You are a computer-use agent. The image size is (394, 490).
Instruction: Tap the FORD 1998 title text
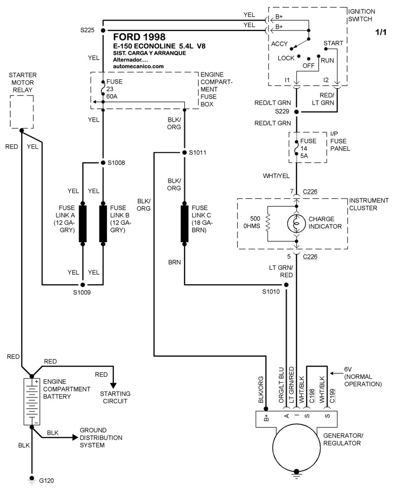click(139, 37)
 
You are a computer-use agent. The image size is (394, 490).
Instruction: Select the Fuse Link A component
click(83, 224)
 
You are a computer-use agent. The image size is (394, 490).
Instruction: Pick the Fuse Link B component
click(103, 224)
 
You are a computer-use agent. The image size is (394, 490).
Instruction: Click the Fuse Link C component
click(184, 224)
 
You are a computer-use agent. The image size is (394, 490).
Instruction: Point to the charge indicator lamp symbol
click(296, 223)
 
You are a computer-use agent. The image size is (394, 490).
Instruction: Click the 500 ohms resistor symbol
click(267, 223)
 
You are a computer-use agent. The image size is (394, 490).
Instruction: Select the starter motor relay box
click(22, 112)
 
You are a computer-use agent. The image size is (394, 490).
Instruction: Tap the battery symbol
click(32, 401)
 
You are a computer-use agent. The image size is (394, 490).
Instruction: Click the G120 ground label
click(46, 479)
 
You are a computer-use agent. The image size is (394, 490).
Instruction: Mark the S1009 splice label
click(82, 293)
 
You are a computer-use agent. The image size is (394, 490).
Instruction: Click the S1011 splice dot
click(184, 152)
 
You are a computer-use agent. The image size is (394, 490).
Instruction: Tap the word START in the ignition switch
click(333, 43)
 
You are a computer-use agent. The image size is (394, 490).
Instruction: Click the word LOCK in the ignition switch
click(286, 58)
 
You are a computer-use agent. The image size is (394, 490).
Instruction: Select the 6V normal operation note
click(363, 377)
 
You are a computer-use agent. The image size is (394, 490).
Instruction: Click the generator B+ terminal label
click(266, 419)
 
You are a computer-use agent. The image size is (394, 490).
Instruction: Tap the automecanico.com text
click(138, 65)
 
